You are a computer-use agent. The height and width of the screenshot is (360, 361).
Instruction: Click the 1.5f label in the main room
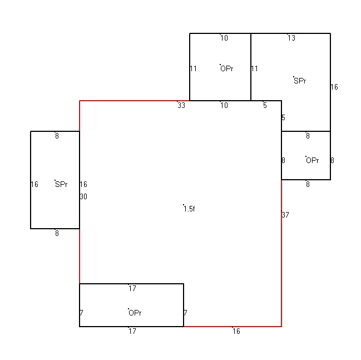[189, 209]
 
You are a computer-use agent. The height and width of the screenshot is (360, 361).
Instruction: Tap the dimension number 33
[181, 105]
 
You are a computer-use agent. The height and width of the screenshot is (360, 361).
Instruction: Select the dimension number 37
[285, 215]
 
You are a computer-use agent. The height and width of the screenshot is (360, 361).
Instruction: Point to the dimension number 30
[83, 196]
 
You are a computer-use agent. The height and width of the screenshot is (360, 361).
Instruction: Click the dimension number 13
[291, 38]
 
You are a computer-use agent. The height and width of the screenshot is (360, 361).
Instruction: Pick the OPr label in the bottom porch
[135, 313]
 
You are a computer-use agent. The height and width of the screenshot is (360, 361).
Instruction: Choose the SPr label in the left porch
[61, 184]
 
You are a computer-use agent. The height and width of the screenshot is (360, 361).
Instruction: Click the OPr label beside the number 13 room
[227, 68]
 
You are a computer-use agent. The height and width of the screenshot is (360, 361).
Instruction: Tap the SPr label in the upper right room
[300, 81]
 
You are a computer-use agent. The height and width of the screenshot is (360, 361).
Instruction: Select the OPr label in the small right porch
[313, 160]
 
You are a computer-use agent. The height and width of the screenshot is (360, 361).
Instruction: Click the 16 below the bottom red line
[236, 331]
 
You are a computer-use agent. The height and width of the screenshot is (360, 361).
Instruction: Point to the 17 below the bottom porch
[132, 331]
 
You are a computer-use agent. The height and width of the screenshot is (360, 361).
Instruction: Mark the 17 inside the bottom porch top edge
[132, 288]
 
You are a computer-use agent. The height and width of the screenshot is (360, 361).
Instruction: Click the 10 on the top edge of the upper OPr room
[224, 38]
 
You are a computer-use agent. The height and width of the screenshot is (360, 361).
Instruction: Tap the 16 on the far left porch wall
[34, 184]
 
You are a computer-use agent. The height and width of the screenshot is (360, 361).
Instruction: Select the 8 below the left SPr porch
[57, 233]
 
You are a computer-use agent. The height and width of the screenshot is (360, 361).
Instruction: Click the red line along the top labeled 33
[135, 101]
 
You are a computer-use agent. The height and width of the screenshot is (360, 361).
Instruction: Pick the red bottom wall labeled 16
[233, 327]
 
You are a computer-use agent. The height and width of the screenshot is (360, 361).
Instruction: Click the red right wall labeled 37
[281, 253]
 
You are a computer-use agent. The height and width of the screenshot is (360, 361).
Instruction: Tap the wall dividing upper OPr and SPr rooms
[251, 67]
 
